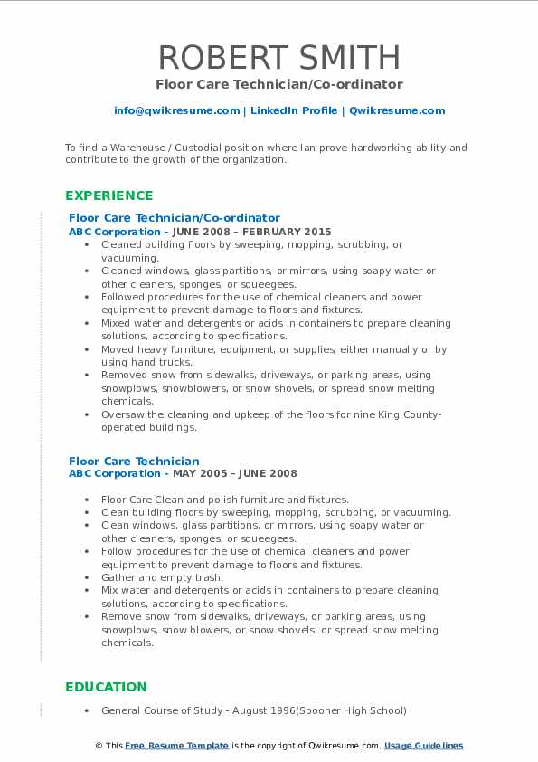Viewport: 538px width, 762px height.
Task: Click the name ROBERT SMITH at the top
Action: coord(278,57)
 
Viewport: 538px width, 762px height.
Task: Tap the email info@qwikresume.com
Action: coord(176,110)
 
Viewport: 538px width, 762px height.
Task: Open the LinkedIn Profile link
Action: coord(294,110)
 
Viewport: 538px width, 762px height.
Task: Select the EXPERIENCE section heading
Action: coord(109,195)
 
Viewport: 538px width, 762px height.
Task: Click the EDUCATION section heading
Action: coord(106,687)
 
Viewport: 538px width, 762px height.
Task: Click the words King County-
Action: coord(401,414)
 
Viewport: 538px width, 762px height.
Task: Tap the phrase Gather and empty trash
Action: coord(162,577)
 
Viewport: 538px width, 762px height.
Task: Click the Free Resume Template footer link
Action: coord(176,746)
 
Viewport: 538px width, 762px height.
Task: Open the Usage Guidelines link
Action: coord(423,746)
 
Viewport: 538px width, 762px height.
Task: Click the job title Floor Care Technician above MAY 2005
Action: coord(134,461)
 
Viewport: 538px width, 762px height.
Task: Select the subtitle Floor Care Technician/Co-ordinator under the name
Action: coord(278,84)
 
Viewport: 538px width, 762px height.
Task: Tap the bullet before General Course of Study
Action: coord(86,711)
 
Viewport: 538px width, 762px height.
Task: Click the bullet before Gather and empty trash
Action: coord(86,578)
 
